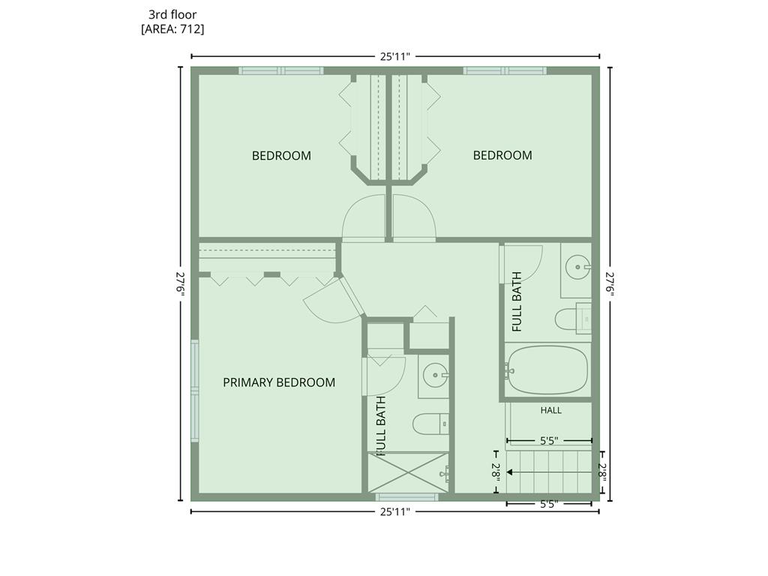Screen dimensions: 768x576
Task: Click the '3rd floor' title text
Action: (x=172, y=15)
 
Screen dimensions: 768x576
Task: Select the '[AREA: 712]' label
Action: (x=172, y=29)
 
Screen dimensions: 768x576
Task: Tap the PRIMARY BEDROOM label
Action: (x=279, y=382)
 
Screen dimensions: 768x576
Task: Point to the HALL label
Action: (x=551, y=410)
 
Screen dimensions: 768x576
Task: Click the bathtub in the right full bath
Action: (x=547, y=370)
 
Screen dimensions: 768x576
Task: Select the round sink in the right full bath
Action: (x=578, y=268)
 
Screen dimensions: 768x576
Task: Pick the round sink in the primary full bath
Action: (x=436, y=376)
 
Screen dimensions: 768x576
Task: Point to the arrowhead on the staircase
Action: (x=509, y=472)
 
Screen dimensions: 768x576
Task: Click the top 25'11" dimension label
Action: (x=394, y=56)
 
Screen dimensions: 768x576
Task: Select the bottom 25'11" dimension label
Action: (x=394, y=511)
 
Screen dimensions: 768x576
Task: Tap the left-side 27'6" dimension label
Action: (x=181, y=284)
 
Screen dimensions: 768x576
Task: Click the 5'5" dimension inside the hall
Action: (x=549, y=441)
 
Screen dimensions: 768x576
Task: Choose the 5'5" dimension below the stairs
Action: (x=549, y=504)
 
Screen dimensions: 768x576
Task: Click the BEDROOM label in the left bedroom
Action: (x=282, y=156)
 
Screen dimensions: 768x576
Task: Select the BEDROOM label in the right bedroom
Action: (x=502, y=155)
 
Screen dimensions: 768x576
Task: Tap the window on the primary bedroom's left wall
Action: (x=195, y=391)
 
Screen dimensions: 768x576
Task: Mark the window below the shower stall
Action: (x=407, y=497)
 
